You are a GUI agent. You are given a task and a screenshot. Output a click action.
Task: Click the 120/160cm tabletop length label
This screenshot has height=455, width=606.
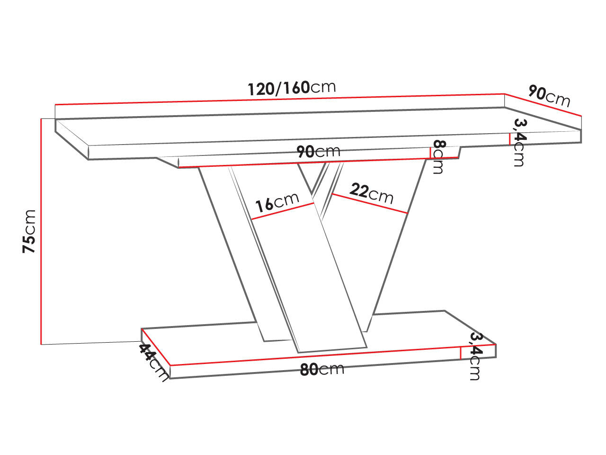292,88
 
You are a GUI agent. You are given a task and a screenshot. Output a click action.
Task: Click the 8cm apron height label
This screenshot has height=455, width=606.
438,157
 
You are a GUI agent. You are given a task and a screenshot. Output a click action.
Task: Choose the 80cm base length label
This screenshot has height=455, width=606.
322,369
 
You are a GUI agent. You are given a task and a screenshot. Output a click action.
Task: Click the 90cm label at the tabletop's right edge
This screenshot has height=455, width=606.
549,96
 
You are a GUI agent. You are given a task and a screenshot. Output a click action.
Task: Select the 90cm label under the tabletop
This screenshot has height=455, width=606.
318,152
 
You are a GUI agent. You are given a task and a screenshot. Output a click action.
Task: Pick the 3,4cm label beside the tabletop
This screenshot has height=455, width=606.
519,142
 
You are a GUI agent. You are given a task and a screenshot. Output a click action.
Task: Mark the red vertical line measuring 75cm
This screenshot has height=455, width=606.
42,231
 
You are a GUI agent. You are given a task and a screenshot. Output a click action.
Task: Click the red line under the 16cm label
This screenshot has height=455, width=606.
283,211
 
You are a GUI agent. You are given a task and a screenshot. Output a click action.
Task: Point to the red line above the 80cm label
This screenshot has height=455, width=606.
315,356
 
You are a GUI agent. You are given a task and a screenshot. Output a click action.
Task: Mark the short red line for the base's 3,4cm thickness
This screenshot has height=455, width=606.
461,353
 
